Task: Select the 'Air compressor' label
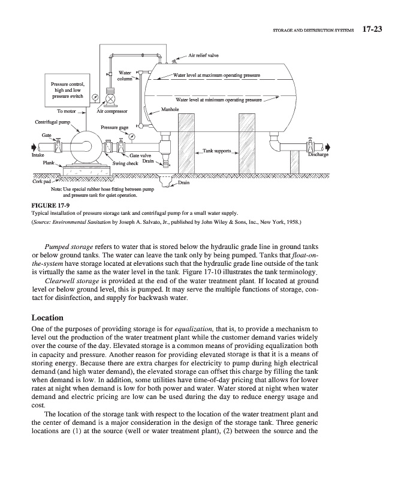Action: tap(113, 111)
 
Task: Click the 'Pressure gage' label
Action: tap(114, 127)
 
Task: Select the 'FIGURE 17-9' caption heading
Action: tap(50, 205)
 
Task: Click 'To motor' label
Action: tap(68, 111)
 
